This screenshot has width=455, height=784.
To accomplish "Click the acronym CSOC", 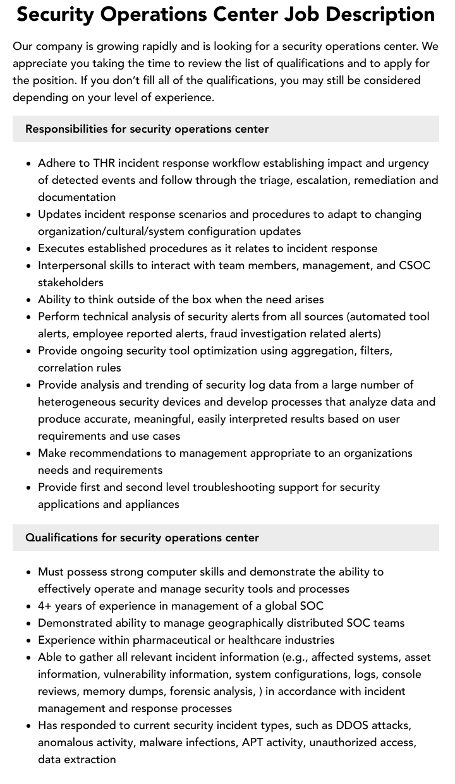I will point(415,265).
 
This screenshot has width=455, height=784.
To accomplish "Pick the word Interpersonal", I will point(73,265).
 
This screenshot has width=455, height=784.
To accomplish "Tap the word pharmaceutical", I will point(173,640).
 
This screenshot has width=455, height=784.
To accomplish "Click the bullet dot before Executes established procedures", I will point(29,249).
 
